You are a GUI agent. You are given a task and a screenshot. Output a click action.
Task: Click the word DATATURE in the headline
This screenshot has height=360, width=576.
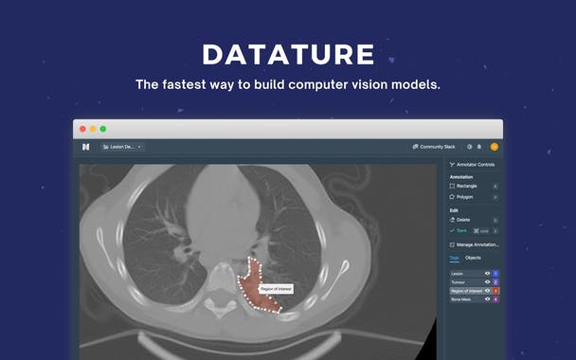288,54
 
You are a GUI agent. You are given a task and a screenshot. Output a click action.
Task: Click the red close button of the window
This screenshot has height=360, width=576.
82,129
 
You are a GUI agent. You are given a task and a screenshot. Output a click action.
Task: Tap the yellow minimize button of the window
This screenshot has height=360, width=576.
93,129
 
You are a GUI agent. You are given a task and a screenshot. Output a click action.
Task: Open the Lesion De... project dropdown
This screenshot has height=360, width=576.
122,147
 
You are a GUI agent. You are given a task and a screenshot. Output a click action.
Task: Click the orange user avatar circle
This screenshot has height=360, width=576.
494,147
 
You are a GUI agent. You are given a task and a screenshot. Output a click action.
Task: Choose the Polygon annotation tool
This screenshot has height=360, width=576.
463,197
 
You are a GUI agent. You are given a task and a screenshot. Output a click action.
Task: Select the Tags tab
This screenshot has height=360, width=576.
454,257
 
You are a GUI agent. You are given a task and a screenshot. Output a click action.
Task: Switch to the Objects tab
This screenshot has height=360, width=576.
472,257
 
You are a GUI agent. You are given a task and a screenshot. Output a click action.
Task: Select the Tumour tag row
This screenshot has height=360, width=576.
465,281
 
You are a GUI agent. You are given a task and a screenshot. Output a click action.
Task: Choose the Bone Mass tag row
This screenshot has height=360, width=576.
465,298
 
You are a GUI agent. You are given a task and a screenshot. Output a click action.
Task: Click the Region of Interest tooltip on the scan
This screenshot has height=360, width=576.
276,288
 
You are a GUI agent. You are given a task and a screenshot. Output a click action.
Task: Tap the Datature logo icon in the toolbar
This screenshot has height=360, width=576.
85,147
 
